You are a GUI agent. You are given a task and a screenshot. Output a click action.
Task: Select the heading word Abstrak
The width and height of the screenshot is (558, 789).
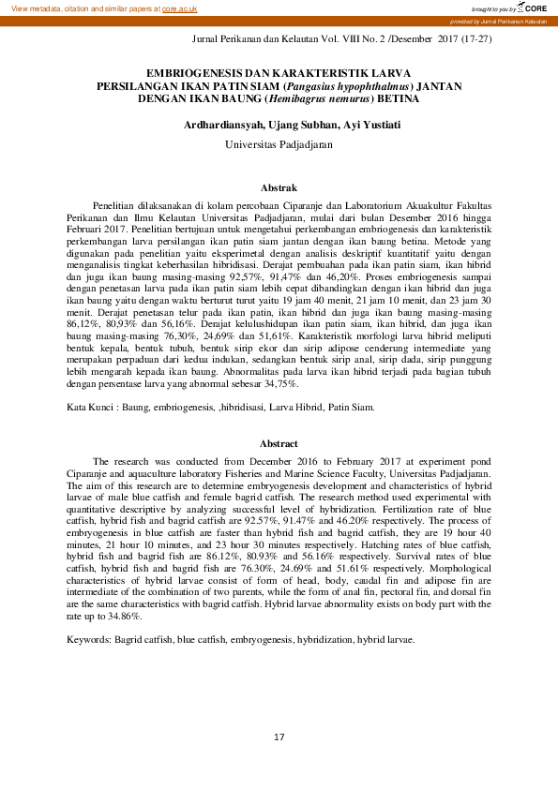pos(279,187)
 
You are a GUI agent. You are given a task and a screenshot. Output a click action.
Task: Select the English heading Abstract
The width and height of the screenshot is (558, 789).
pos(279,443)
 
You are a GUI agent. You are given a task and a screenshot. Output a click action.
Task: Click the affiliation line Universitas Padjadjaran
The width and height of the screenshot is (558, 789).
pos(279,145)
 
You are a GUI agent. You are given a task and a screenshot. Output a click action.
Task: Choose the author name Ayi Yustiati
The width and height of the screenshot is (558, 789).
pos(346,124)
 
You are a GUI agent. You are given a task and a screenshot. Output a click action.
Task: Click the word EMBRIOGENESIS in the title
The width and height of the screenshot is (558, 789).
pos(195,71)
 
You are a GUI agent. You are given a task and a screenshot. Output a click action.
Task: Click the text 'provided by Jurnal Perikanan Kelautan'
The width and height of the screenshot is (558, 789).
pos(511,21)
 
